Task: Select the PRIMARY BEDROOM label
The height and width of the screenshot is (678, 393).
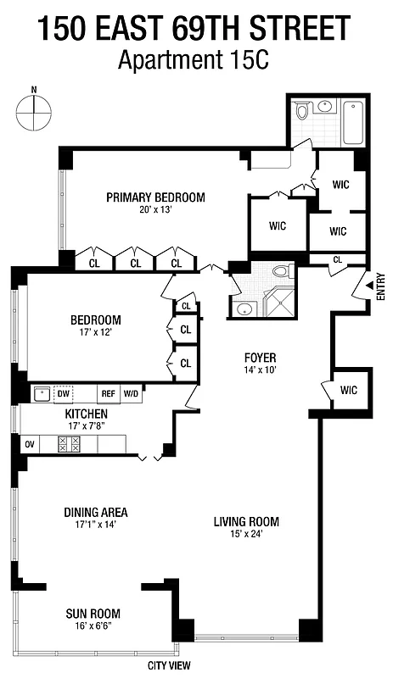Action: (155, 197)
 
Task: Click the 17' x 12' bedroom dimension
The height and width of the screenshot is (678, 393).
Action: (95, 333)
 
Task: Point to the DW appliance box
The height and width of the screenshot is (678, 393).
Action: (63, 393)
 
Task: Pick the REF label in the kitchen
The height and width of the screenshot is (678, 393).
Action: (108, 393)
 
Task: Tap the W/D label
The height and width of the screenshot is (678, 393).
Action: (131, 393)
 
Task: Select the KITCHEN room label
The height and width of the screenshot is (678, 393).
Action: (87, 414)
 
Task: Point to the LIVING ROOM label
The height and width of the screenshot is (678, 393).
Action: (246, 521)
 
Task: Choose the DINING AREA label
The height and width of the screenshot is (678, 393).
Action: (95, 512)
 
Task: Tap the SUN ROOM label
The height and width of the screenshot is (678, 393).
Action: (93, 614)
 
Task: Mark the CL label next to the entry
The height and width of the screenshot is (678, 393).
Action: (337, 260)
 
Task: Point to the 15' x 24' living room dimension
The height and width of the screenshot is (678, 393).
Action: (246, 533)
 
